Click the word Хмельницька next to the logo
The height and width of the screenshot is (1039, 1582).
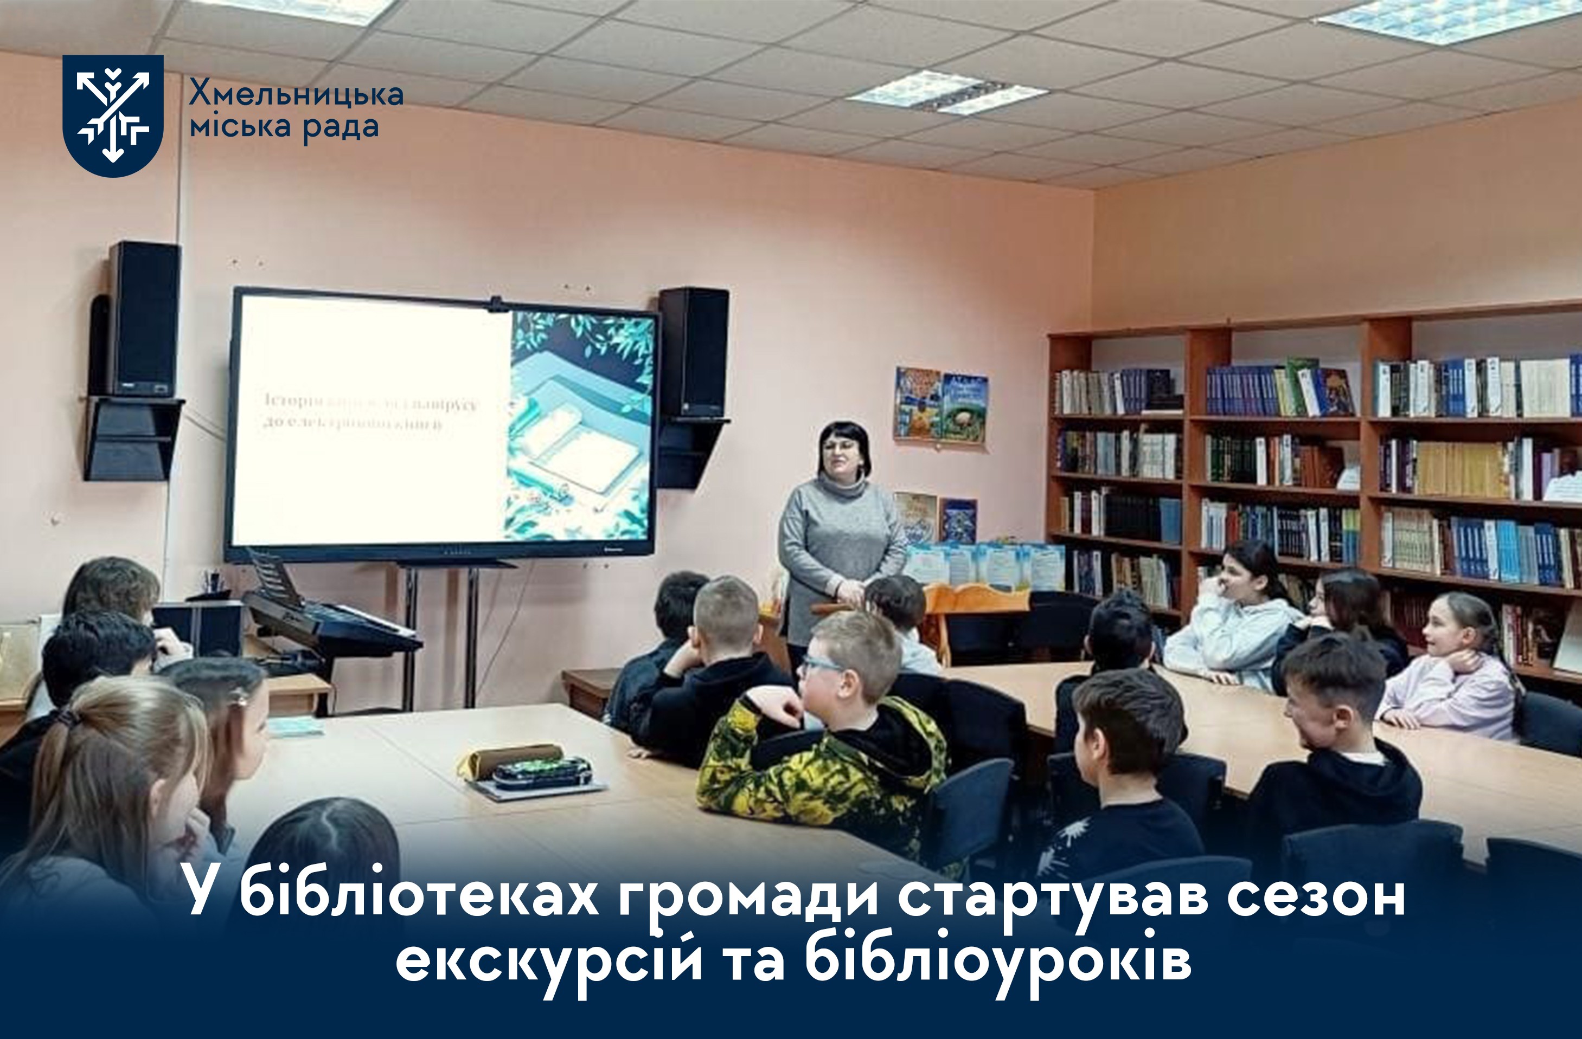[296, 94]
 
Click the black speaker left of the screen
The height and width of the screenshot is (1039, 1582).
[144, 319]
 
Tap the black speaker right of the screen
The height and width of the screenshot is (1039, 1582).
[693, 352]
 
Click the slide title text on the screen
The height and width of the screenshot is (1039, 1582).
[369, 412]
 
